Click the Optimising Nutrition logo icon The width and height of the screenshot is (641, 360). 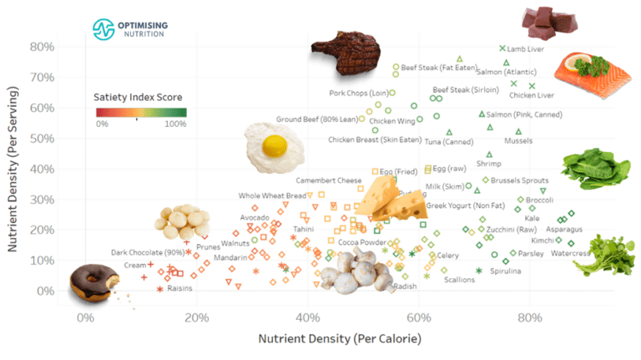point(102,29)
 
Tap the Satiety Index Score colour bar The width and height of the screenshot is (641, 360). point(139,112)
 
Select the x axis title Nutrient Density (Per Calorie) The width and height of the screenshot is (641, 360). point(339,339)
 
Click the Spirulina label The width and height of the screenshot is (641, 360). point(506,271)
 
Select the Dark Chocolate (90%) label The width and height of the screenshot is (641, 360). point(148,252)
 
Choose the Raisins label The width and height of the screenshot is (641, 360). point(179,288)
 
